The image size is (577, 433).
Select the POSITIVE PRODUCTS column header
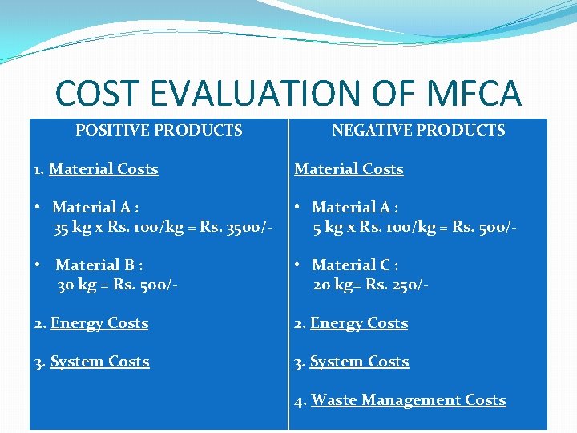[x=159, y=130]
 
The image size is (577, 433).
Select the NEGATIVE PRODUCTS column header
[x=418, y=130]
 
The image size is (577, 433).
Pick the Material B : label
[x=99, y=265]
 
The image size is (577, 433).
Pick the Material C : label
[x=355, y=265]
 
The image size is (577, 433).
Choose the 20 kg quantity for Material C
[x=331, y=285]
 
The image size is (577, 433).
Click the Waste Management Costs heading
[x=408, y=399]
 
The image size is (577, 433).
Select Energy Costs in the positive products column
[x=99, y=323]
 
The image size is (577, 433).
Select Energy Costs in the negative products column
[x=358, y=323]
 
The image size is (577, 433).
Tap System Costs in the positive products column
[x=99, y=362]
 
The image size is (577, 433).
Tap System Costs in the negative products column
[x=359, y=362]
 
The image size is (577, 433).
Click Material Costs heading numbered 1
[x=103, y=169]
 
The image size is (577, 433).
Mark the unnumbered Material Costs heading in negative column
[x=349, y=169]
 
